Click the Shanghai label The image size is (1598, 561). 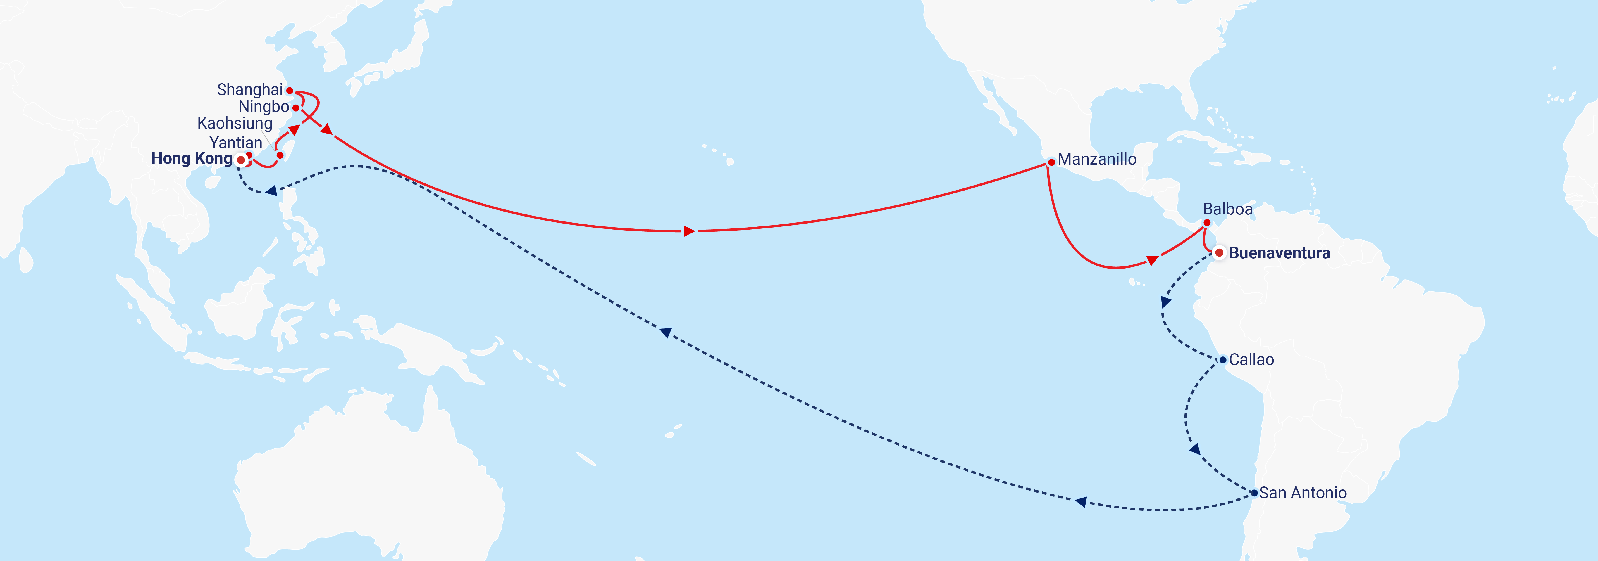[x=249, y=90]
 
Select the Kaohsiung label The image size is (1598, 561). [x=235, y=123]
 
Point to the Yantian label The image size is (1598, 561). [x=236, y=143]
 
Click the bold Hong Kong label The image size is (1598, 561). [x=192, y=159]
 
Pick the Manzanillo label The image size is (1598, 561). [x=1097, y=159]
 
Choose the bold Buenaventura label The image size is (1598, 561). [x=1279, y=253]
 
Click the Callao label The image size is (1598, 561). [x=1251, y=359]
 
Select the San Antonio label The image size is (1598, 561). [x=1303, y=493]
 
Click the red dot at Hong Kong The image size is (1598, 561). [x=241, y=160]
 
